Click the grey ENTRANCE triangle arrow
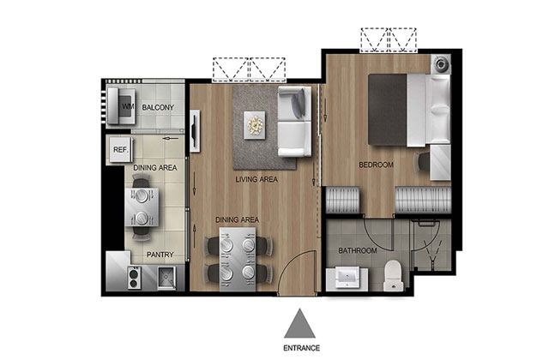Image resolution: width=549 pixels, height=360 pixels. pyautogui.click(x=299, y=324)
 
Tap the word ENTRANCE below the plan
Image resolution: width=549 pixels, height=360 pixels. pyautogui.click(x=301, y=348)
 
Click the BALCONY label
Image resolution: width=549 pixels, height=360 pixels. pyautogui.click(x=158, y=107)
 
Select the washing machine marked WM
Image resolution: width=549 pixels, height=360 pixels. pyautogui.click(x=121, y=105)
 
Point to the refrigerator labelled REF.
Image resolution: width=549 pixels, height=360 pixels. pyautogui.click(x=121, y=150)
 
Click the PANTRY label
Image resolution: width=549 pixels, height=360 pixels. pyautogui.click(x=160, y=255)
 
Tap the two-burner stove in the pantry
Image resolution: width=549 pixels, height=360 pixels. pyautogui.click(x=134, y=278)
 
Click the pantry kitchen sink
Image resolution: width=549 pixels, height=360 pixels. pyautogui.click(x=166, y=278)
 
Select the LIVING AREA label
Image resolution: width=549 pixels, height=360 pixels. pyautogui.click(x=256, y=179)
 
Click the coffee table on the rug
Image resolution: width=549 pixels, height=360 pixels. pyautogui.click(x=255, y=125)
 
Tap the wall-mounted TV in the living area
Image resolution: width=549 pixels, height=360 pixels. pyautogui.click(x=195, y=131)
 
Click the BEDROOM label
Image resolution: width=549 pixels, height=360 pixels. pyautogui.click(x=377, y=165)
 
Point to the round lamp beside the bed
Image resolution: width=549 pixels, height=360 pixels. pyautogui.click(x=441, y=64)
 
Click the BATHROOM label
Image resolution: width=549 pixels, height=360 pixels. pyautogui.click(x=358, y=250)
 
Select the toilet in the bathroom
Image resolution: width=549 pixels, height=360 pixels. pyautogui.click(x=394, y=275)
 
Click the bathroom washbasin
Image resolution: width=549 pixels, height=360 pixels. pyautogui.click(x=347, y=278)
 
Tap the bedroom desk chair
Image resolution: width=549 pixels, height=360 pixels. pyautogui.click(x=421, y=162)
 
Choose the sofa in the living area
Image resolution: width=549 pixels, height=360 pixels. pyautogui.click(x=294, y=122)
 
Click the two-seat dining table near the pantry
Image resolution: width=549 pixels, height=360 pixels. pyautogui.click(x=142, y=207)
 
